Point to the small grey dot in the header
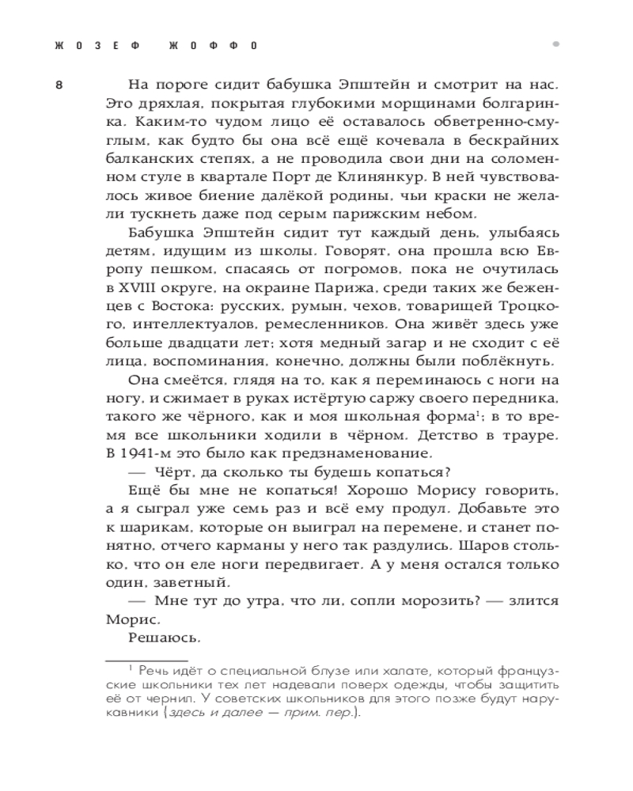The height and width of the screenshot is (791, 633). coord(556,44)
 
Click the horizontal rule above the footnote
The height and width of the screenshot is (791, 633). coord(146,659)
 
